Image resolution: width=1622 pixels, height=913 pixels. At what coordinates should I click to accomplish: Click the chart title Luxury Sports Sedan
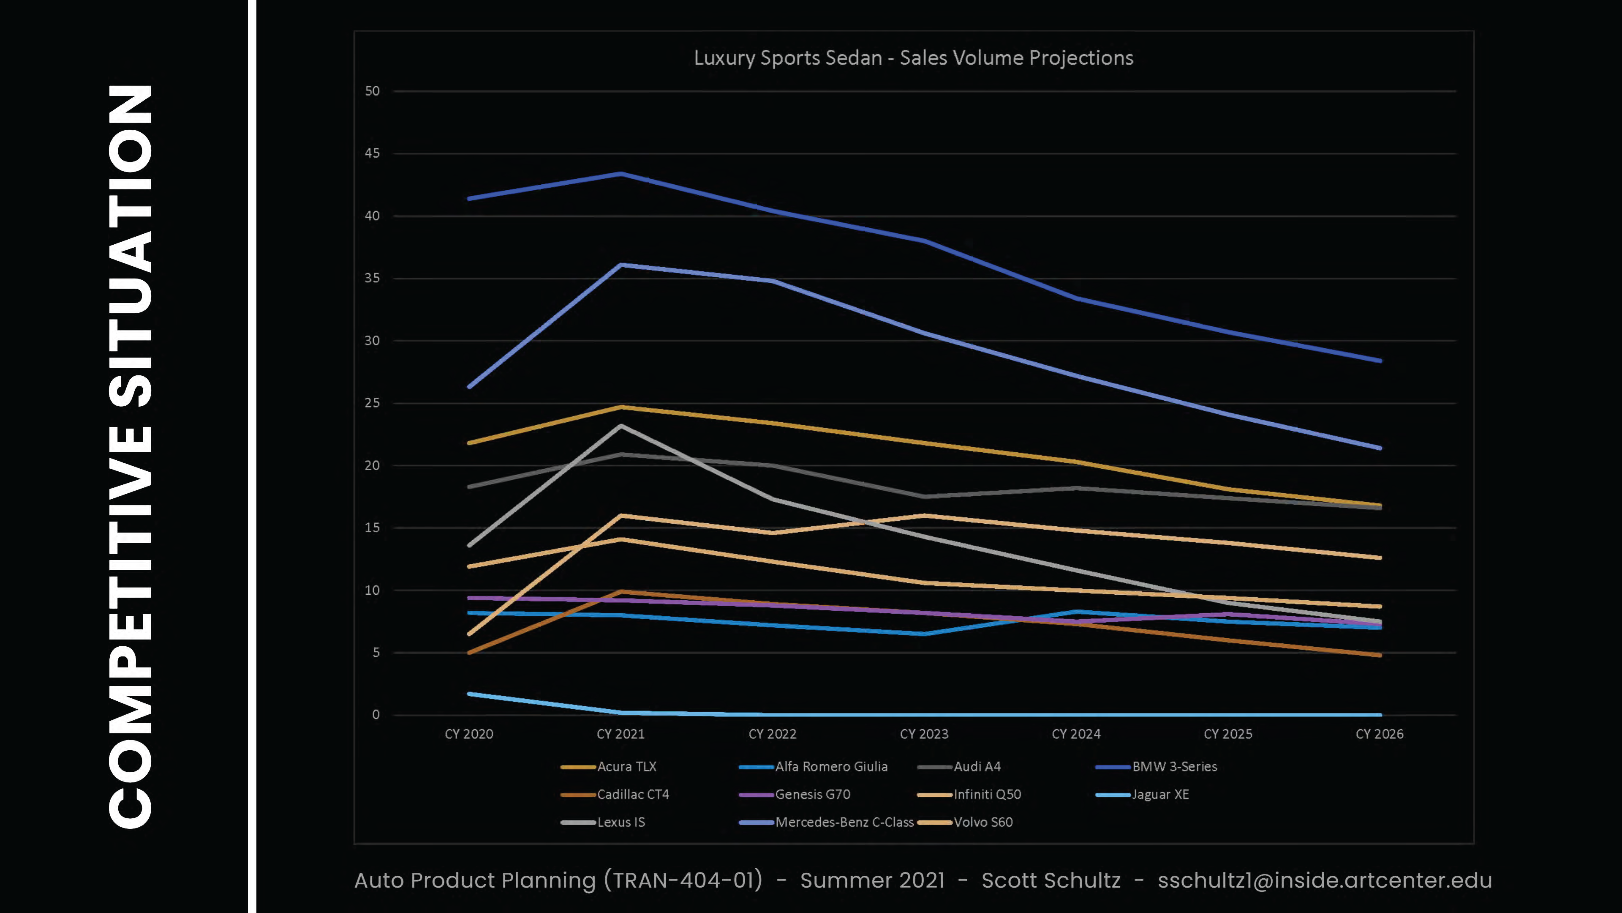click(913, 58)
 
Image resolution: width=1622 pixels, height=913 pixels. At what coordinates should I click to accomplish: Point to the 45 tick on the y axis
click(372, 153)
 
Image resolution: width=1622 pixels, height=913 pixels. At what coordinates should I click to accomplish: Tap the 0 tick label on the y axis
click(376, 714)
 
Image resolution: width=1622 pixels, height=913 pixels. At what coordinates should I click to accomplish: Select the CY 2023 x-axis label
click(924, 734)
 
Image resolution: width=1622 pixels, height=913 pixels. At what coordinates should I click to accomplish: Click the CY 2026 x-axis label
click(1379, 734)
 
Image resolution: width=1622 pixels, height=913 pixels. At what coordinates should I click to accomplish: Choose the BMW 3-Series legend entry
click(1174, 767)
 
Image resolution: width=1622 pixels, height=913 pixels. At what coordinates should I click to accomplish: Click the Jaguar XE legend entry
click(1160, 795)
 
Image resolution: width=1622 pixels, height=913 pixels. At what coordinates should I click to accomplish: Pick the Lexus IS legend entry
click(621, 822)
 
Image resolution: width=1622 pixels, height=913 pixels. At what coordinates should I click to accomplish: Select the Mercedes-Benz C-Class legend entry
click(844, 822)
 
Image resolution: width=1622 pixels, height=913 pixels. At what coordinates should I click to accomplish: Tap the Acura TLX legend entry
click(626, 767)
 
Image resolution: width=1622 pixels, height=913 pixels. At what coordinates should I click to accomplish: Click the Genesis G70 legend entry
click(812, 795)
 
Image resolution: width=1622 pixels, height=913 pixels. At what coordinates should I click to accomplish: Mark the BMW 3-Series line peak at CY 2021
click(621, 173)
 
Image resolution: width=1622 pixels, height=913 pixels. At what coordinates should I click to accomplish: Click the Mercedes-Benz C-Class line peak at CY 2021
click(621, 265)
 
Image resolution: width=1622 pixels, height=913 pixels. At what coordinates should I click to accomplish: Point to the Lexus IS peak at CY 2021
click(621, 426)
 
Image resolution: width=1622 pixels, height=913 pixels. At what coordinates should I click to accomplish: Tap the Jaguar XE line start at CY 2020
click(469, 694)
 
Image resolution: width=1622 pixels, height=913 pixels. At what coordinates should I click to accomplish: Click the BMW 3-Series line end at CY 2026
click(1380, 361)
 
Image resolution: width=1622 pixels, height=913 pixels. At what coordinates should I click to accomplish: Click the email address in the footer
click(1325, 880)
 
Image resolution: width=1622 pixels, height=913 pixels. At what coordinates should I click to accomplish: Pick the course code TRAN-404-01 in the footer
click(688, 880)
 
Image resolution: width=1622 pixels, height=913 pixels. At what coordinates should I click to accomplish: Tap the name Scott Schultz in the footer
click(1051, 880)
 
